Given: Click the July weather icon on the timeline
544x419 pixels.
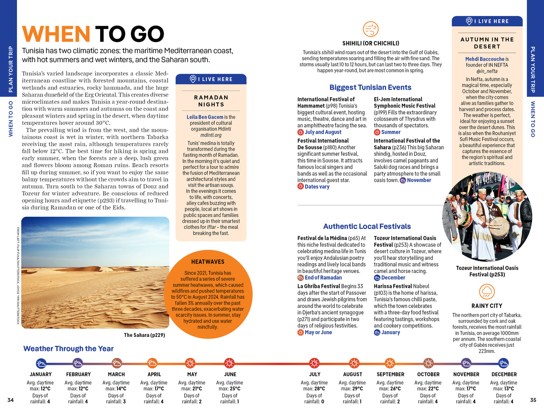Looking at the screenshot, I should pos(314,363).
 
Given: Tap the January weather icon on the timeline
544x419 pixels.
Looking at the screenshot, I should pos(41,363).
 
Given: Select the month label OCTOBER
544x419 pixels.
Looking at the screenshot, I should pos(428,374).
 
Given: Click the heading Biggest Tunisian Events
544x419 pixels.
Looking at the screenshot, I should pos(370,88).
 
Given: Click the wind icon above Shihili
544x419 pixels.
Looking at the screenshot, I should pos(371,29).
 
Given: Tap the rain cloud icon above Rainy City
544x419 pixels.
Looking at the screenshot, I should pos(487,292).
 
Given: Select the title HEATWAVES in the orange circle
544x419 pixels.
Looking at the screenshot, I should pos(208,262).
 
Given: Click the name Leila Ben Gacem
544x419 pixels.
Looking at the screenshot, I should pos(205,117).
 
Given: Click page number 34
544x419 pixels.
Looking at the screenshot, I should pos(11,400).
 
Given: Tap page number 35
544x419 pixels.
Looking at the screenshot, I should pos(533,400).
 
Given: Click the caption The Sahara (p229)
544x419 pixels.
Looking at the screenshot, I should pos(144,335).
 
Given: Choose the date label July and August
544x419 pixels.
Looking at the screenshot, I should pos(323,132).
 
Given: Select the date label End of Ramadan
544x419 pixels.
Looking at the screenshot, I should pos(323,278).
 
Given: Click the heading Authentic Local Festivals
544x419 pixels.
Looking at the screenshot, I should pos(367,227).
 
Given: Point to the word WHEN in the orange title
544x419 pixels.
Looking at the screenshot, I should pos(56,34).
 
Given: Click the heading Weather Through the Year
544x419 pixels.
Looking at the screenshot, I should pos(69,349).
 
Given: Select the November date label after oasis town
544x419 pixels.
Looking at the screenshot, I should pos(419,180).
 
